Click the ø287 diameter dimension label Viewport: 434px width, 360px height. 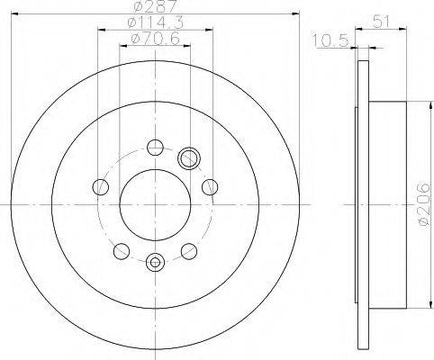pyautogui.click(x=156, y=6)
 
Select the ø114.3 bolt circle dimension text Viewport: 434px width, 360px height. pyautogui.click(x=156, y=22)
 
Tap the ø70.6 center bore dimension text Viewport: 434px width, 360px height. pyautogui.click(x=155, y=39)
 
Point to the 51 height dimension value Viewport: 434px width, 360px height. pyautogui.click(x=381, y=22)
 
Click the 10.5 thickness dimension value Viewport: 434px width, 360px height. pyautogui.click(x=330, y=40)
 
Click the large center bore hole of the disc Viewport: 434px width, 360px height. pyautogui.click(x=155, y=205)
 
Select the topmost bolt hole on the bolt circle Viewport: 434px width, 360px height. pyautogui.click(x=155, y=148)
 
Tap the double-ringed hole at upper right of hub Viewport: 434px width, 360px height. pyautogui.click(x=189, y=158)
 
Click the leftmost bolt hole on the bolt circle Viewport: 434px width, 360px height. pyautogui.click(x=101, y=186)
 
